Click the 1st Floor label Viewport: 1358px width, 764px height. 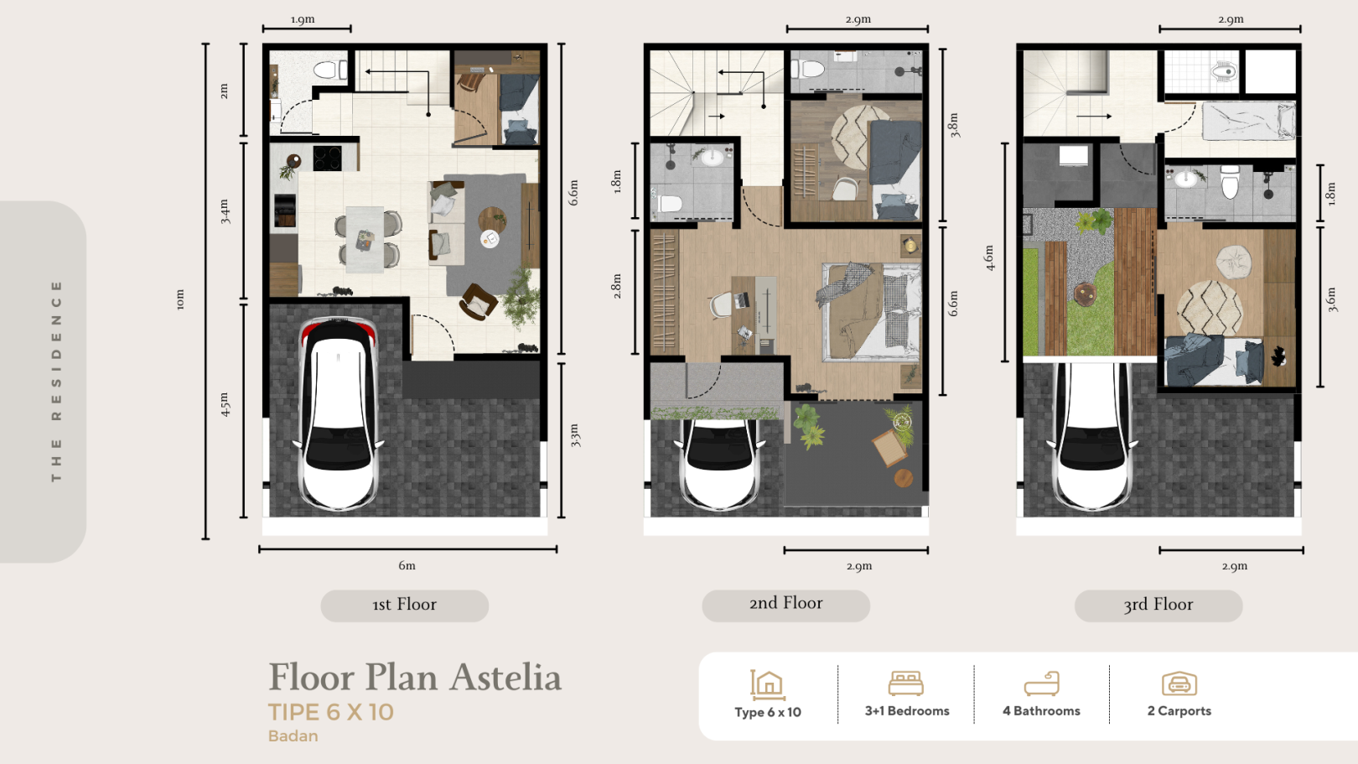(x=404, y=605)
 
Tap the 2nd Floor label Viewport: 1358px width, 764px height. (x=785, y=603)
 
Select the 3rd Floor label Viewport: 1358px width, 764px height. (x=1158, y=605)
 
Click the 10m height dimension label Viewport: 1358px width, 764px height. (x=180, y=299)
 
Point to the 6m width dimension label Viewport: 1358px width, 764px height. (x=407, y=566)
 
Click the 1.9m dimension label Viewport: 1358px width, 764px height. (x=303, y=19)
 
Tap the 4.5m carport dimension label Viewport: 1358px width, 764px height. (x=225, y=404)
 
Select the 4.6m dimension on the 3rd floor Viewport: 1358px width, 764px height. (x=989, y=257)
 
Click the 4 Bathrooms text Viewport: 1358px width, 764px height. (x=1041, y=711)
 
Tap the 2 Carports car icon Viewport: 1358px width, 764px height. (x=1179, y=683)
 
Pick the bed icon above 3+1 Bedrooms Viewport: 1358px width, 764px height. (x=905, y=683)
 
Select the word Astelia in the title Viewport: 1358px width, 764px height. (x=505, y=678)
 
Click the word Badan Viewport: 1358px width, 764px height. (x=293, y=736)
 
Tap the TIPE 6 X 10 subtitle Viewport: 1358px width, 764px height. (x=331, y=713)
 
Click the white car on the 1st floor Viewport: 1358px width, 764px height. (x=339, y=413)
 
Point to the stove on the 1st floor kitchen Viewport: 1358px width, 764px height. (x=328, y=159)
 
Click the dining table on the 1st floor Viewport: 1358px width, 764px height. (x=365, y=238)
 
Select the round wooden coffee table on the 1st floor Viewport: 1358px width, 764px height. (x=492, y=219)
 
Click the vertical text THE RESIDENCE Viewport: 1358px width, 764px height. (x=56, y=382)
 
